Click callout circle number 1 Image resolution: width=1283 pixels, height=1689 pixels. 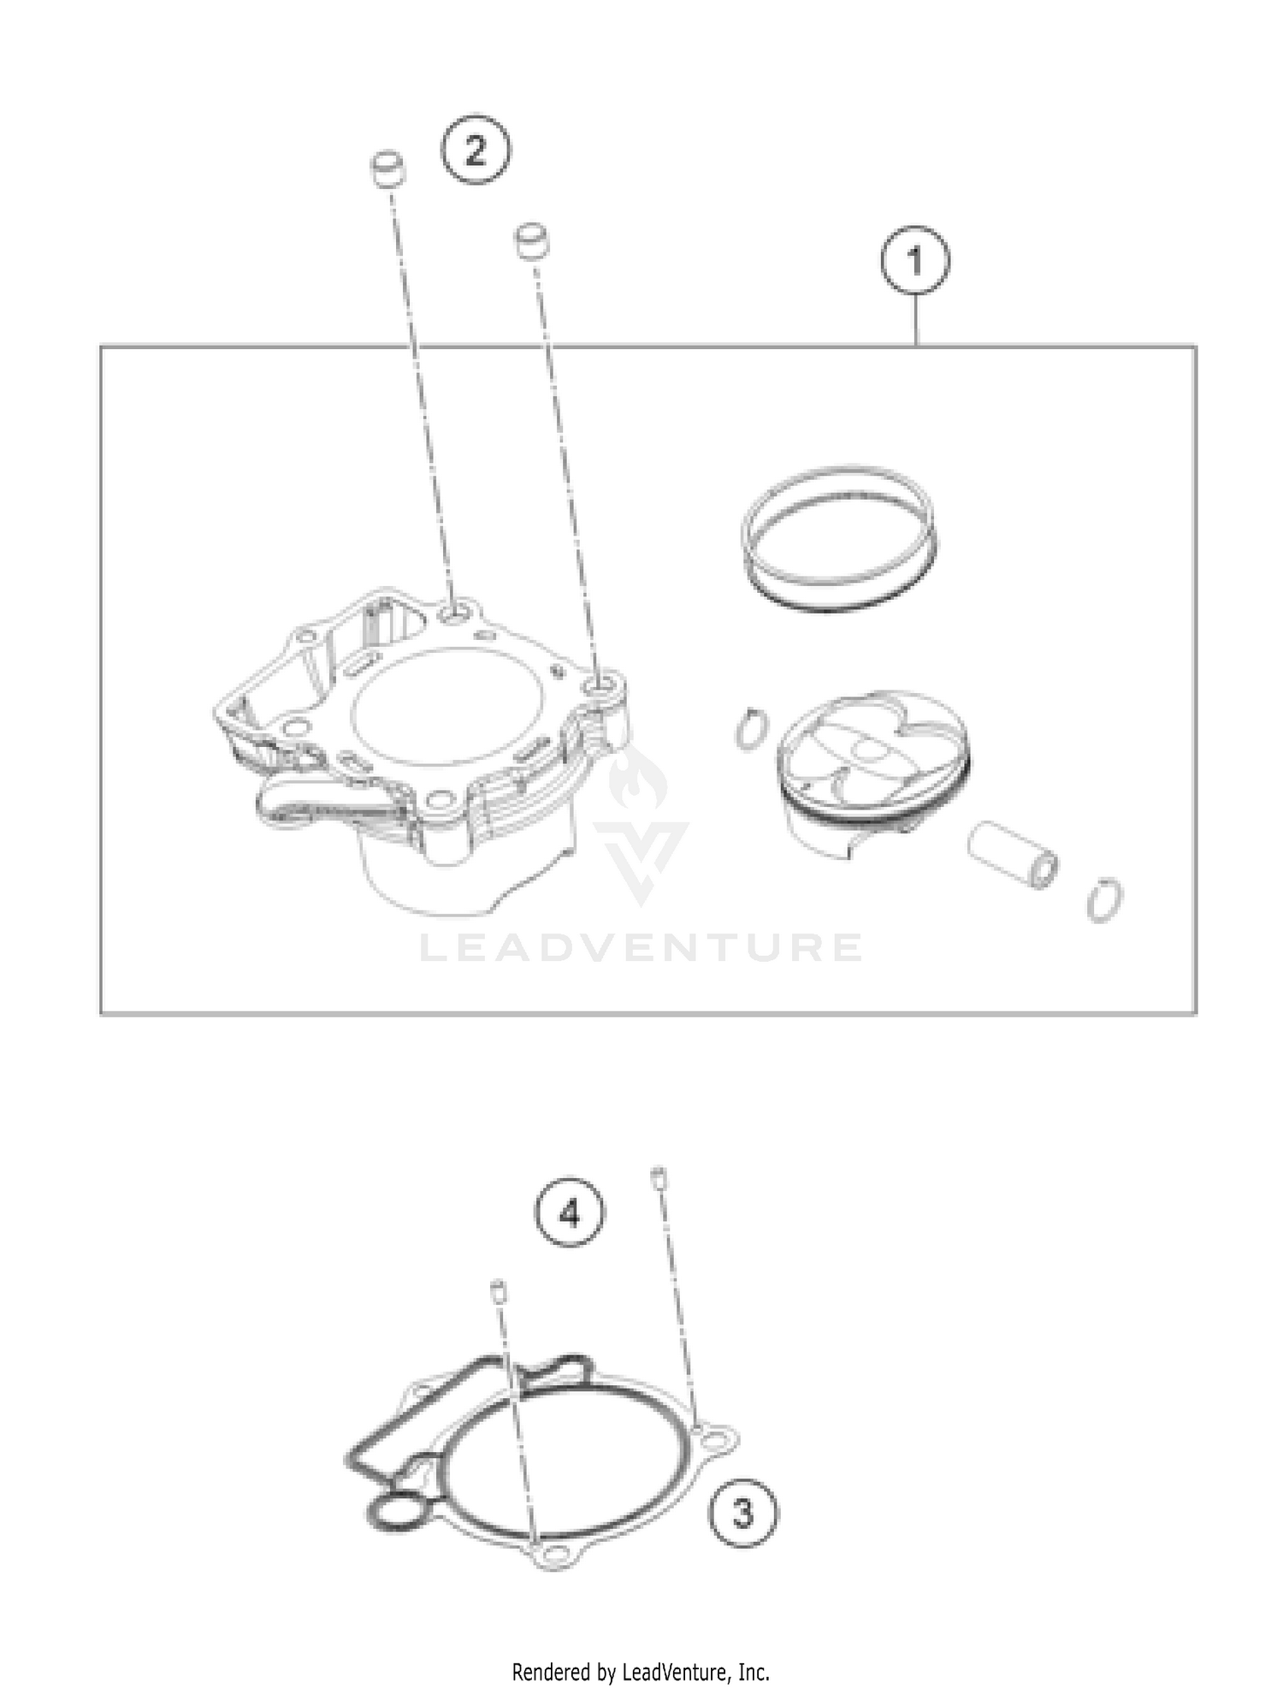(x=915, y=261)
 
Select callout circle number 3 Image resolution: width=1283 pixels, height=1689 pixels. (x=743, y=1513)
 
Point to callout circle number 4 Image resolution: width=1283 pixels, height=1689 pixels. (x=570, y=1213)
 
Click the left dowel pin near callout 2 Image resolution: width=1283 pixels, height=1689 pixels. (x=387, y=169)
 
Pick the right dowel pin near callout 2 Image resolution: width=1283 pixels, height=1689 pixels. (x=531, y=239)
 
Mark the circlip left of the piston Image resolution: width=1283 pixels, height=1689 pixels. (x=750, y=729)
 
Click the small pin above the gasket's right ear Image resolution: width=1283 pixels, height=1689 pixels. (x=658, y=1176)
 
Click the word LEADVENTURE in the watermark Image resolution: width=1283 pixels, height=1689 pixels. (x=641, y=947)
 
